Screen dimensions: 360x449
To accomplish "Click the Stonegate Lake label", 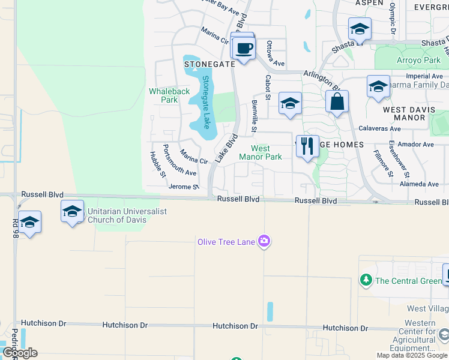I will (206, 102).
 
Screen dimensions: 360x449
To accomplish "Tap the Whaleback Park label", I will (169, 95).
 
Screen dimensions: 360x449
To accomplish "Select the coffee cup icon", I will (244, 47).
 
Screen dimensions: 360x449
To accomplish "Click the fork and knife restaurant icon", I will (307, 146).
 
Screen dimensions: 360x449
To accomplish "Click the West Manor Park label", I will (261, 152).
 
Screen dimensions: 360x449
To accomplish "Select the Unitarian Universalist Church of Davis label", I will (125, 215).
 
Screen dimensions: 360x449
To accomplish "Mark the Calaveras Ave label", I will (379, 129).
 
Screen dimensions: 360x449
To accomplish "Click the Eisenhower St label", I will (391, 158).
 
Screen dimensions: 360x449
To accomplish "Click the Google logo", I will (19, 353).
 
